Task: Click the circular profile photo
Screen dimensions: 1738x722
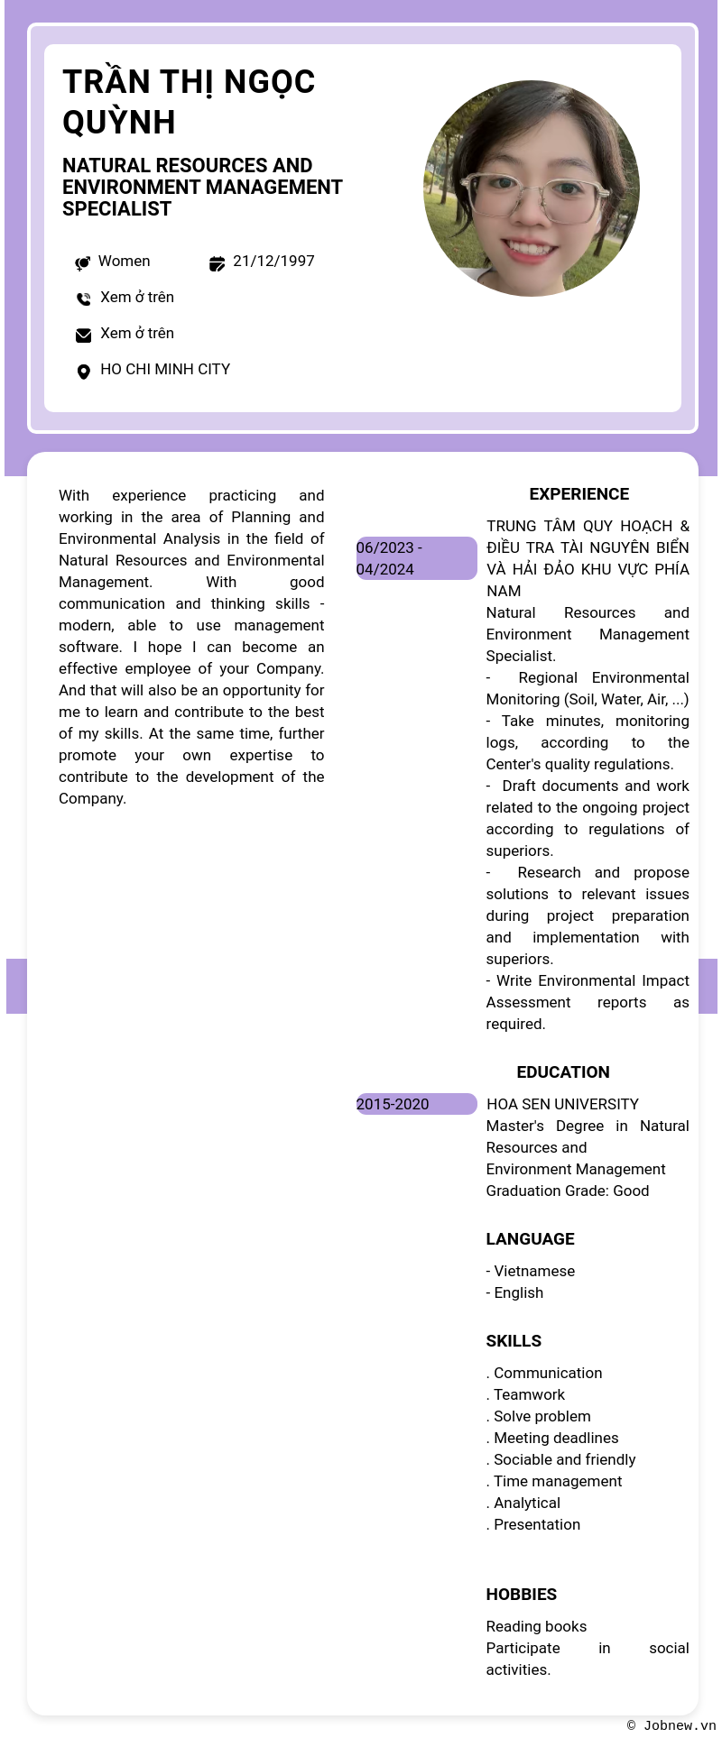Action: click(x=532, y=189)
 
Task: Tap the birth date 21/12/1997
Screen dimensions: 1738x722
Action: click(x=273, y=262)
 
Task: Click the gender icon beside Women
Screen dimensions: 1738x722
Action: click(x=82, y=262)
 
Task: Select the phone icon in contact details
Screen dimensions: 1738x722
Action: click(x=83, y=299)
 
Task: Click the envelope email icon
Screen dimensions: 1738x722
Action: click(x=83, y=336)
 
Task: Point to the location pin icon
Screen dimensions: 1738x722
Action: click(x=83, y=372)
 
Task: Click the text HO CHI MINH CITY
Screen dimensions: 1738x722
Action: click(x=165, y=370)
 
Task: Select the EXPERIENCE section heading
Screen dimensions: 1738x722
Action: click(x=579, y=494)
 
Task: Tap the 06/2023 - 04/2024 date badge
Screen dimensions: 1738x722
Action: click(x=416, y=558)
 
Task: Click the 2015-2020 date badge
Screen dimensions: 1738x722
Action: click(x=416, y=1104)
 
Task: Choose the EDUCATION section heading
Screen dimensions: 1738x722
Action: click(x=562, y=1072)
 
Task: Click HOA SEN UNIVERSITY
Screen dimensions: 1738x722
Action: click(x=562, y=1105)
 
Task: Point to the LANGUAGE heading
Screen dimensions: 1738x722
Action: click(x=530, y=1239)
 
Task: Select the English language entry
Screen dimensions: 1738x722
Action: click(x=518, y=1293)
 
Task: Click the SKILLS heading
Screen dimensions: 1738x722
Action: click(x=514, y=1341)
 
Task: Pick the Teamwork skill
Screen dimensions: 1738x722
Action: click(x=529, y=1395)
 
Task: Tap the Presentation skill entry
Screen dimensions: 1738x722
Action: click(x=536, y=1525)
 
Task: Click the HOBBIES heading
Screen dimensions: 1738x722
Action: click(x=521, y=1595)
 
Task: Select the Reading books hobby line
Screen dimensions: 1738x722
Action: click(x=536, y=1627)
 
